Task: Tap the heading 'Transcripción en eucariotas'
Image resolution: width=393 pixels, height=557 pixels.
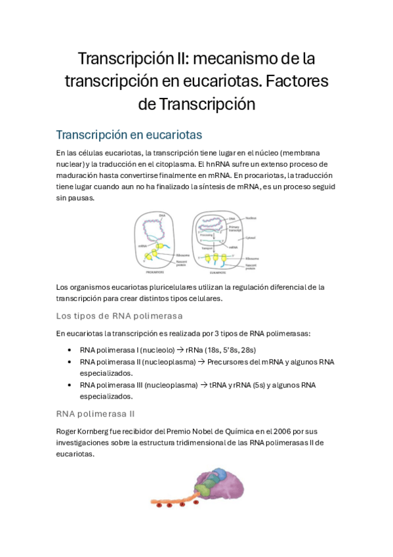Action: point(129,135)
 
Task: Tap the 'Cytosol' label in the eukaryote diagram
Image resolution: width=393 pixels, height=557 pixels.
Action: point(251,239)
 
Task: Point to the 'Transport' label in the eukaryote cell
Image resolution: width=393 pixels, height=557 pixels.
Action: point(205,248)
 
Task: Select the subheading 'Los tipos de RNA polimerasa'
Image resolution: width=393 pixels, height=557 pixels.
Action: point(119,315)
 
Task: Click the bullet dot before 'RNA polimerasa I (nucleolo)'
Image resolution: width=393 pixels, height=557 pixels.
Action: point(70,350)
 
